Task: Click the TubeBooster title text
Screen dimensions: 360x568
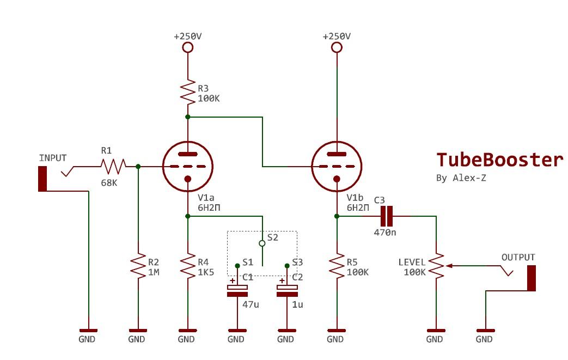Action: [499, 160]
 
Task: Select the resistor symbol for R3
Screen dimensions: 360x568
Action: [188, 93]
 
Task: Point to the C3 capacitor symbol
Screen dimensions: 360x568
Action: [387, 216]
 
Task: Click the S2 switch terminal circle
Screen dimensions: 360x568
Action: [262, 242]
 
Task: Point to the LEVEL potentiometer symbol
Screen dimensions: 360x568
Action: [436, 266]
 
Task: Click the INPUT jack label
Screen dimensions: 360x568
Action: [53, 158]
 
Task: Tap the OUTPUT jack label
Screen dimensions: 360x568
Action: [518, 257]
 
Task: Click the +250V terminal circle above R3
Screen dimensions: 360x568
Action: [188, 47]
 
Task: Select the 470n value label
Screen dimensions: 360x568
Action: [384, 232]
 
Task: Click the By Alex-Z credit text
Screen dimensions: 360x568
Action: [461, 178]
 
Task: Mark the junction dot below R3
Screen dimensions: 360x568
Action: [188, 117]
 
